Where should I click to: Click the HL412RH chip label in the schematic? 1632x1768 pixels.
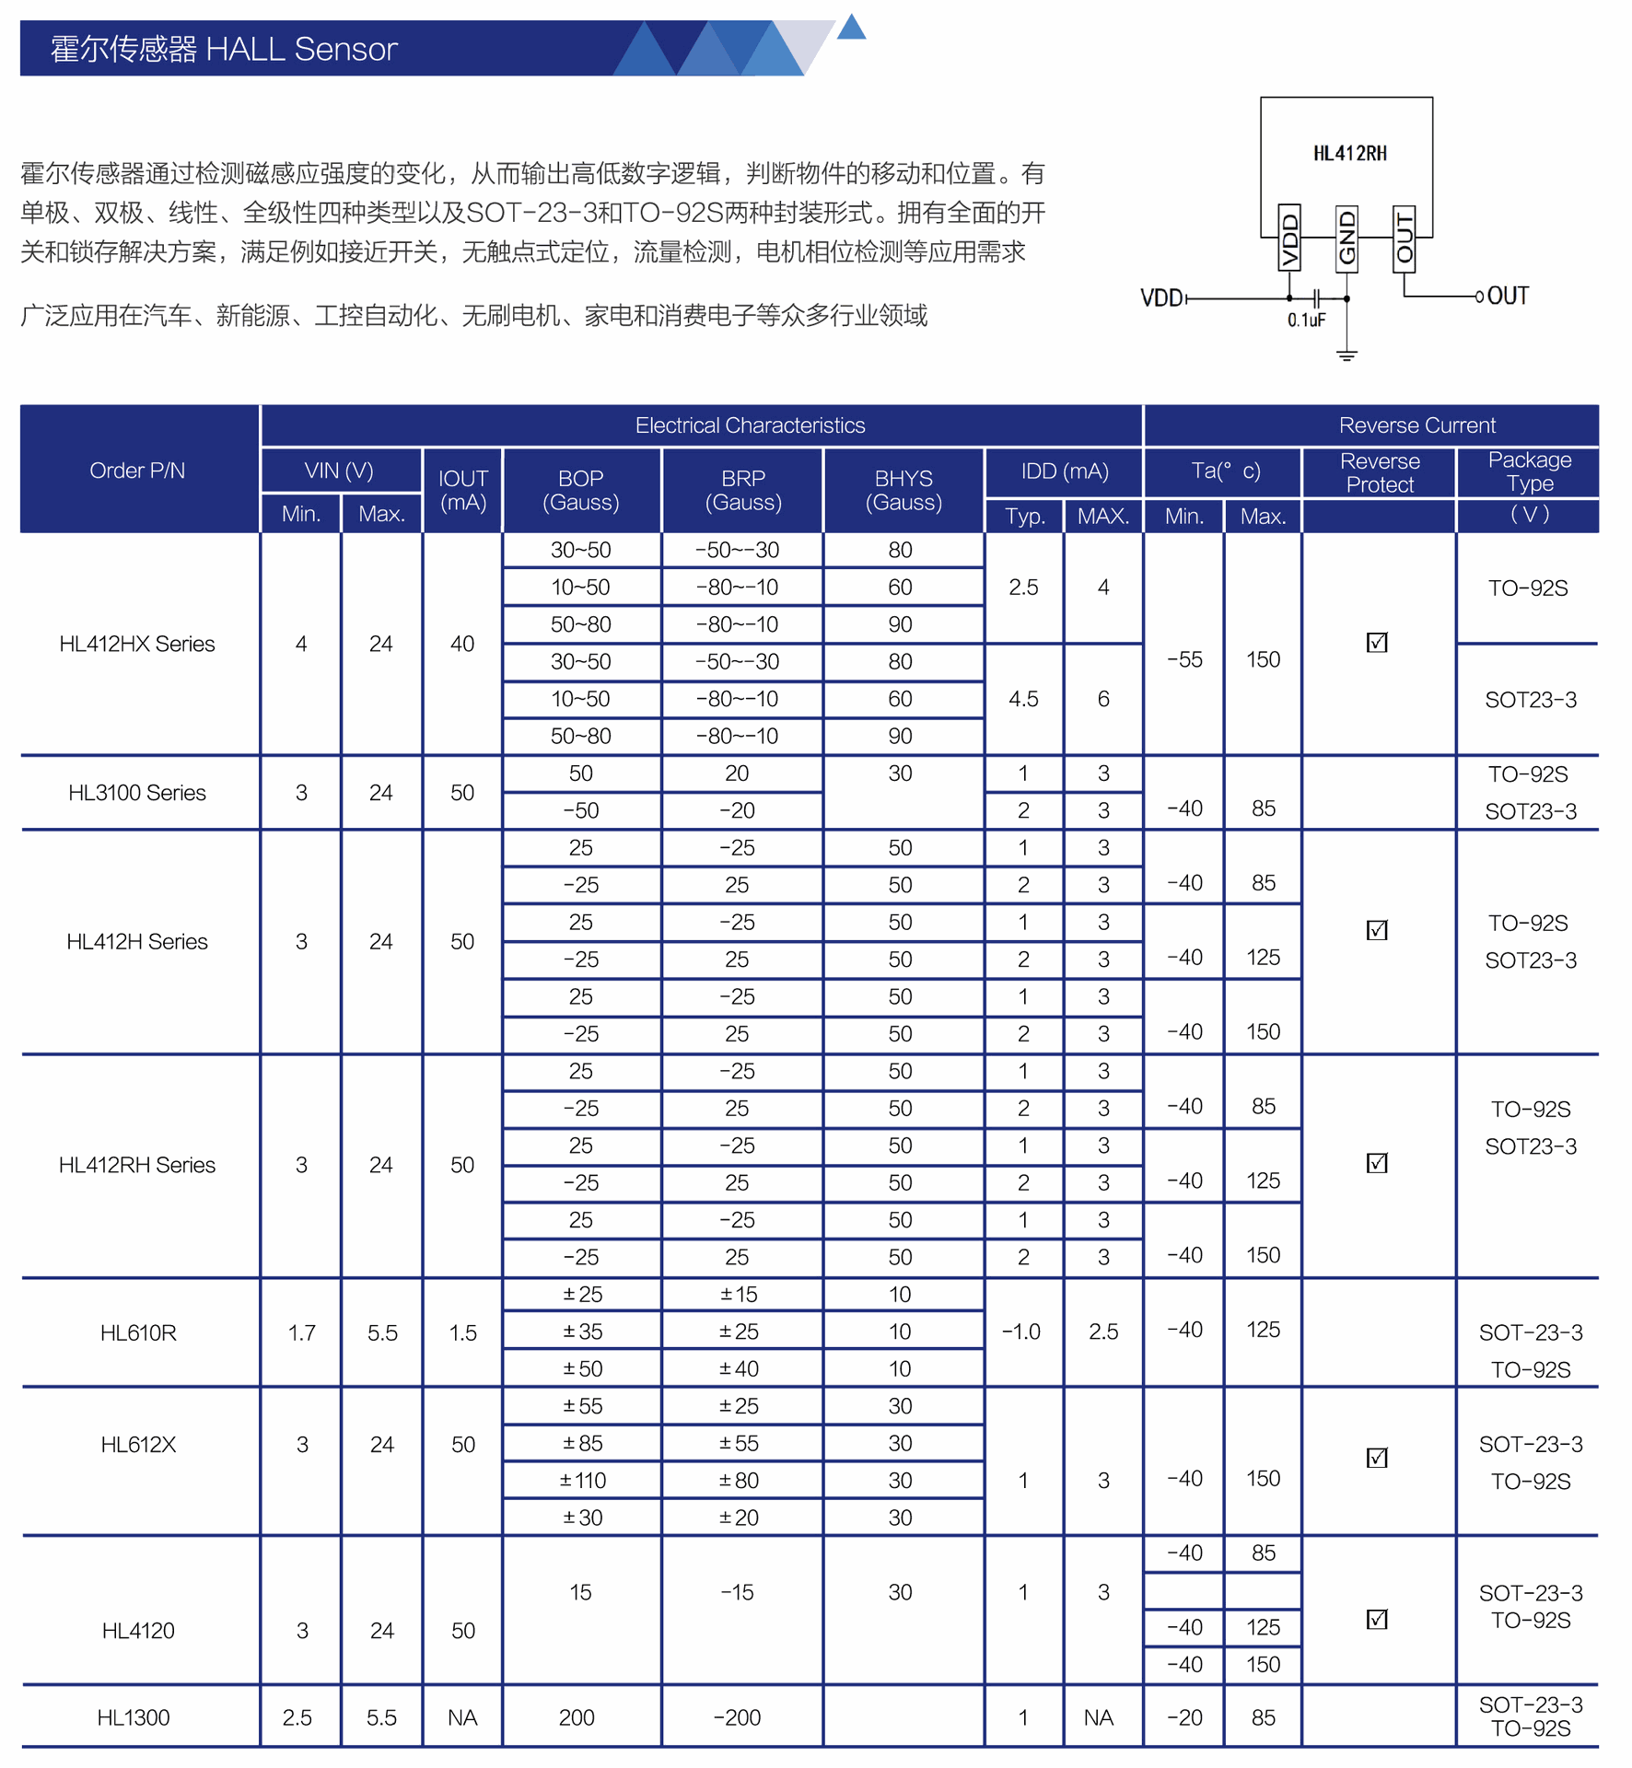1349,154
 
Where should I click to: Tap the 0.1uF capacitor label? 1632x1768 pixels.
1306,320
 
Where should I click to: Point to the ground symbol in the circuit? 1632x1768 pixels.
1346,355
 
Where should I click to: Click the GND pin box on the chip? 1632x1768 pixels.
1346,238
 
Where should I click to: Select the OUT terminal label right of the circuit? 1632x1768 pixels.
1508,296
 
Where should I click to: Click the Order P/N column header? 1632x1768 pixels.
137,471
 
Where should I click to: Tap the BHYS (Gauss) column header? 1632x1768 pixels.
903,490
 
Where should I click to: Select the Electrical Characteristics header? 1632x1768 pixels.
750,425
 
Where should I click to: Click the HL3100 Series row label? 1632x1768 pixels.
137,793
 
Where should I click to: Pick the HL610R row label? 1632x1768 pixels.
137,1332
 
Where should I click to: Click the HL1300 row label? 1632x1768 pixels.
134,1717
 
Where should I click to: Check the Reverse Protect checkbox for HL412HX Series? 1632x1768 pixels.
1377,642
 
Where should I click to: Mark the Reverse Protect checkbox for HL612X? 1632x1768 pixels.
1377,1458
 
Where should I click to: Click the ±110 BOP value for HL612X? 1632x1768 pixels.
582,1481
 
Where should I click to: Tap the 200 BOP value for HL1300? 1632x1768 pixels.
577,1717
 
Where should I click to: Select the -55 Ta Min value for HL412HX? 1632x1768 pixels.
1184,659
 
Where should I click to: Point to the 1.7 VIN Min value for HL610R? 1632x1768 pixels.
301,1332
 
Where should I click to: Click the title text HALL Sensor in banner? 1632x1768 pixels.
301,49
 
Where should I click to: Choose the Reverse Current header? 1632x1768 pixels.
1416,425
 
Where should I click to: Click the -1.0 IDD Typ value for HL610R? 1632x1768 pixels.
1021,1332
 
